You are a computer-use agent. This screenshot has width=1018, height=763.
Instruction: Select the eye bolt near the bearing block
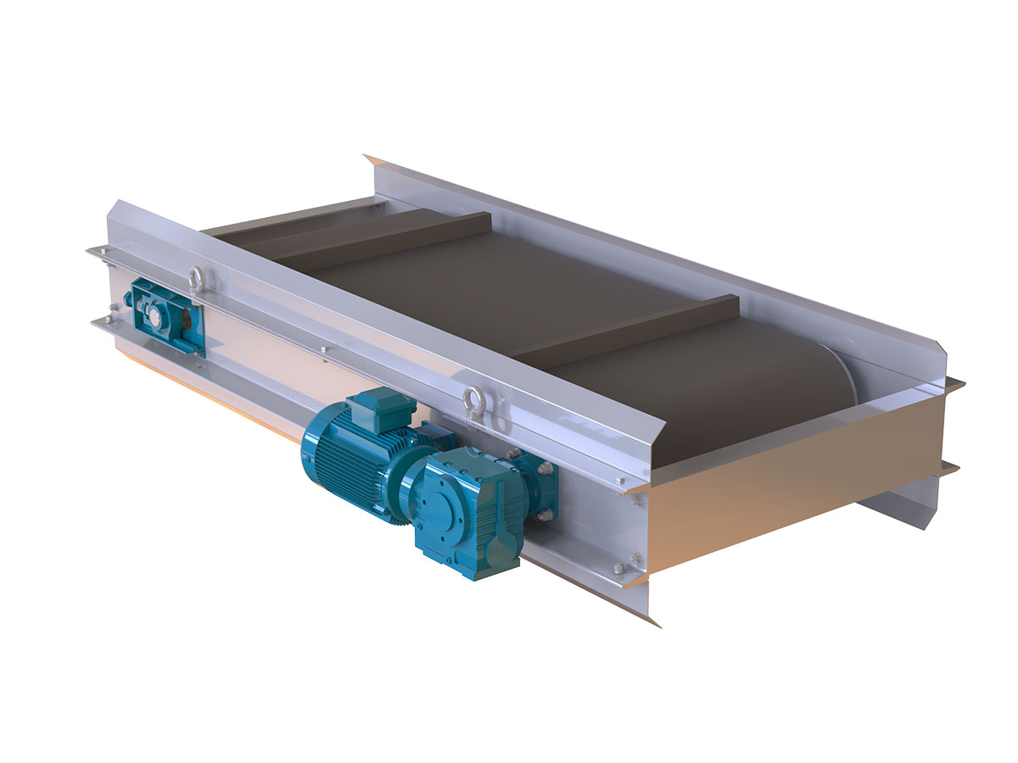197,277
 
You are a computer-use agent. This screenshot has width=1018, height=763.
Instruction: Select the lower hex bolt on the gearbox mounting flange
545,515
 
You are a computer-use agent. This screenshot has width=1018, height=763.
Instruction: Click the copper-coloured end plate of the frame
789,475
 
